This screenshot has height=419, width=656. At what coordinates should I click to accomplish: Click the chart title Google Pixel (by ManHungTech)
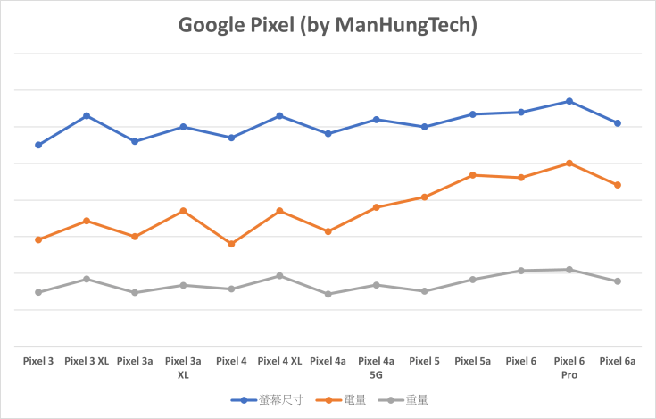(x=328, y=26)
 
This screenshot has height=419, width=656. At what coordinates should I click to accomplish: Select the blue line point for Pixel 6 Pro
(x=569, y=101)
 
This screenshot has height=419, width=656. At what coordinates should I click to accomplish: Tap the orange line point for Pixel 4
(x=231, y=244)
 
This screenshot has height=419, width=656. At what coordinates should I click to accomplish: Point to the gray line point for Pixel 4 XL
(x=279, y=275)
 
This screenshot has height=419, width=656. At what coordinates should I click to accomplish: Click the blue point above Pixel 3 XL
(x=87, y=115)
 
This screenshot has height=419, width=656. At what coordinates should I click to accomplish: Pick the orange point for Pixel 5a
(x=472, y=175)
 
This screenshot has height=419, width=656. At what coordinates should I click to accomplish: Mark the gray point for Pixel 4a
(x=328, y=294)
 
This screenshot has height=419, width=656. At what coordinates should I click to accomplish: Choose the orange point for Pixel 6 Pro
(x=569, y=163)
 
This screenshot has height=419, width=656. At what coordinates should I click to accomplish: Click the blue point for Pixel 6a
(x=618, y=122)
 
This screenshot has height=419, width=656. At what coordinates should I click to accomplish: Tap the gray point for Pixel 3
(x=38, y=292)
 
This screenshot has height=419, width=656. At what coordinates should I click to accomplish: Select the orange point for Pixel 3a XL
(x=183, y=211)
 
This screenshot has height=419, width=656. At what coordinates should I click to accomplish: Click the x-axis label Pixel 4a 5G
(x=376, y=368)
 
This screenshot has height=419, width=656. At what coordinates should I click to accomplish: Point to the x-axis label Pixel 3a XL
(x=183, y=368)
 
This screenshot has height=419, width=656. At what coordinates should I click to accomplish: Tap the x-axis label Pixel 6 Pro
(x=569, y=368)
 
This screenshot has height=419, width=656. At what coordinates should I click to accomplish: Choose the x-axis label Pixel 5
(x=424, y=362)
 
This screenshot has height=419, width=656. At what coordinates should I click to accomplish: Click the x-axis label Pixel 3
(x=38, y=362)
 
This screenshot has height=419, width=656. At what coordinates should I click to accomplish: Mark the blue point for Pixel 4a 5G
(x=376, y=119)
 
